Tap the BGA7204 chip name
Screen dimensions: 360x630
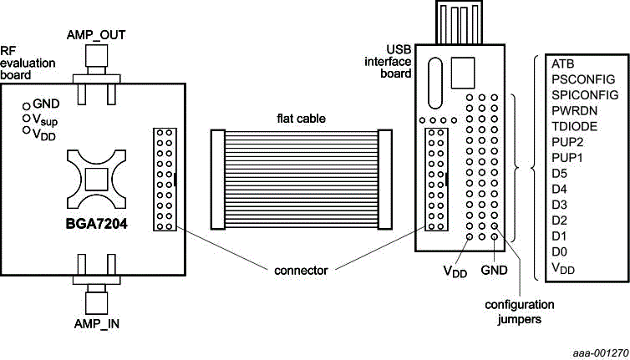click(95, 223)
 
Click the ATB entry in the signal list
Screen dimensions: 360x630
click(562, 63)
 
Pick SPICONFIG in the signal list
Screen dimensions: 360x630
click(584, 95)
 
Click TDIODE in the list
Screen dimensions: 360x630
click(573, 126)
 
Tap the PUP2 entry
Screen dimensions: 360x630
click(567, 142)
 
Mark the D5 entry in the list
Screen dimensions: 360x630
click(560, 174)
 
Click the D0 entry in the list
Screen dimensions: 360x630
click(560, 251)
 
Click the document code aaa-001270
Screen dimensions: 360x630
click(594, 352)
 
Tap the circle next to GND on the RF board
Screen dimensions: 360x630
click(26, 106)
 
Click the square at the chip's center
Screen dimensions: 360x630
click(96, 180)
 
